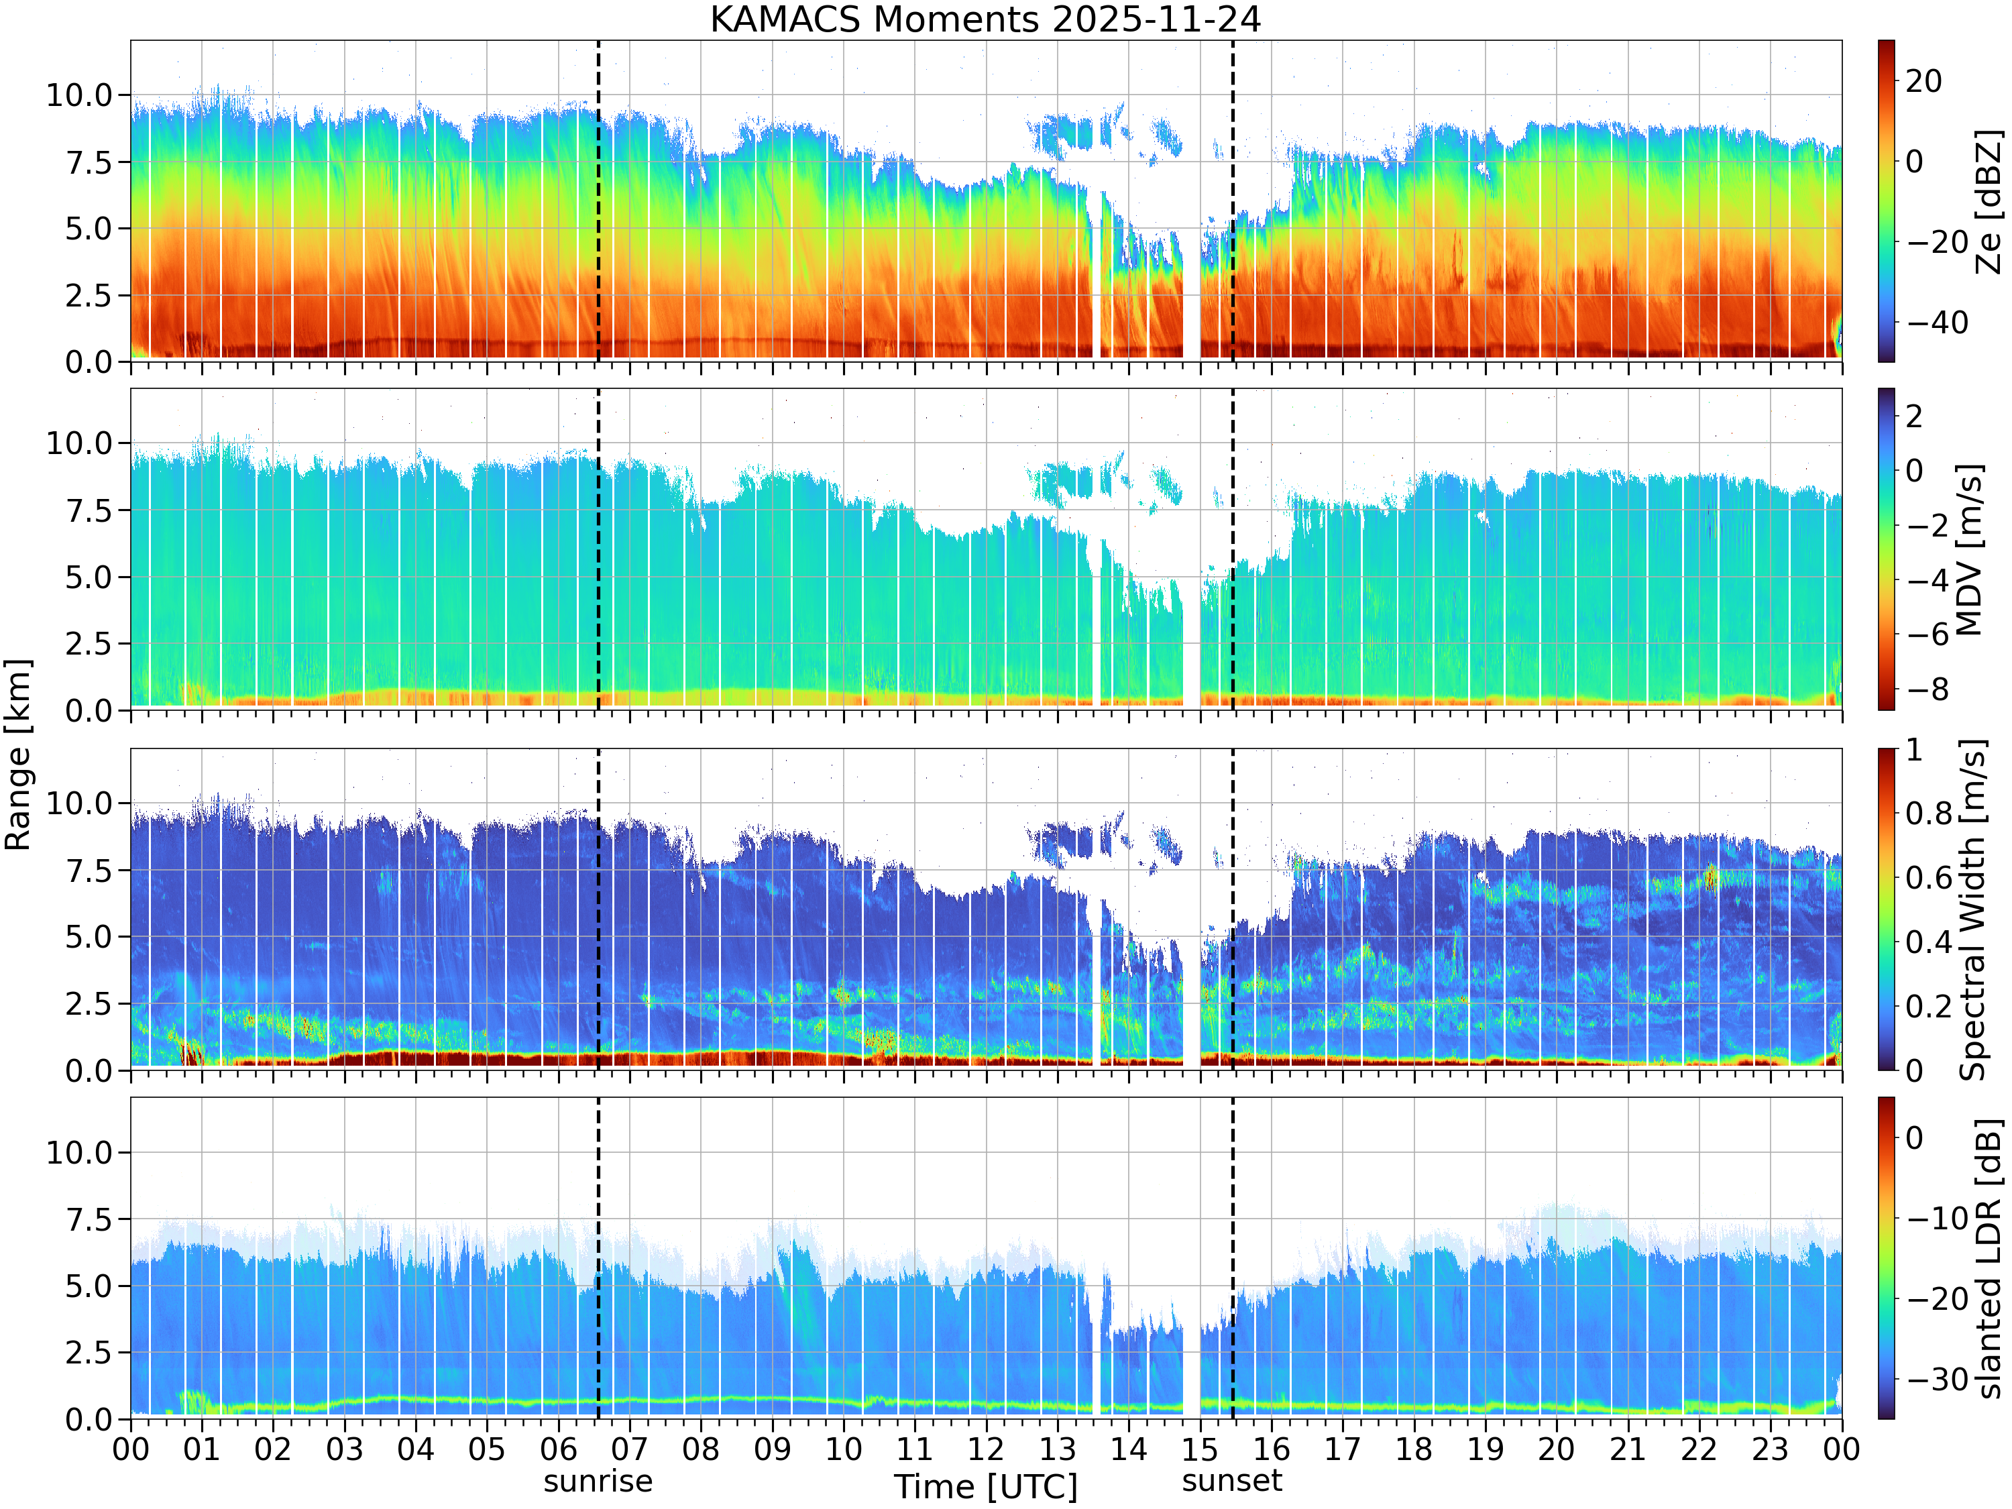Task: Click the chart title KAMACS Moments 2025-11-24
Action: point(985,19)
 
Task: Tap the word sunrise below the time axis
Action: point(598,1482)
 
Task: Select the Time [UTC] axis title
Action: point(985,1487)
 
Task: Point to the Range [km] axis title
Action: point(17,755)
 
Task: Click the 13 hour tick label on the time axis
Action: point(1057,1449)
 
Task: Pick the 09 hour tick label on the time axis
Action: point(772,1449)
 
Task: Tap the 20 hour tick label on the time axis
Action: point(1557,1449)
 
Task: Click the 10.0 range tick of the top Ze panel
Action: point(78,95)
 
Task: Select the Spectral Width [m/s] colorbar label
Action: point(1972,909)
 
